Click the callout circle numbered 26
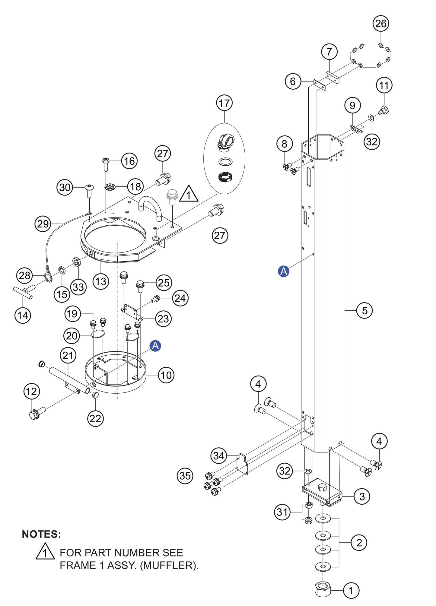pos(380,24)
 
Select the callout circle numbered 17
pos(224,103)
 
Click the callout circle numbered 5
pos(364,310)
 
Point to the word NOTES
pos(41,535)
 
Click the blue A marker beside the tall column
pos(283,271)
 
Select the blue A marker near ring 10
pos(155,346)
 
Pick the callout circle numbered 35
pos(185,476)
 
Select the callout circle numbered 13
pos(100,281)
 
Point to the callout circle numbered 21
pos(68,355)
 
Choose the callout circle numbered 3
pos(362,497)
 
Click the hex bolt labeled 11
pos(383,111)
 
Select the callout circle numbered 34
pos(219,455)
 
